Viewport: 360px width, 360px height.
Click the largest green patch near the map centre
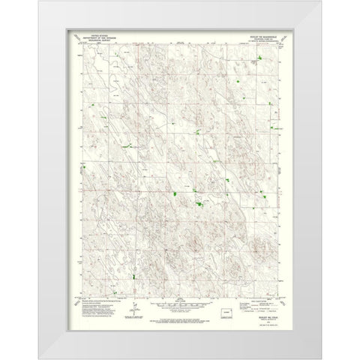coord(199,204)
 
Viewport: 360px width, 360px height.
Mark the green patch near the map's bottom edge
coord(134,277)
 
